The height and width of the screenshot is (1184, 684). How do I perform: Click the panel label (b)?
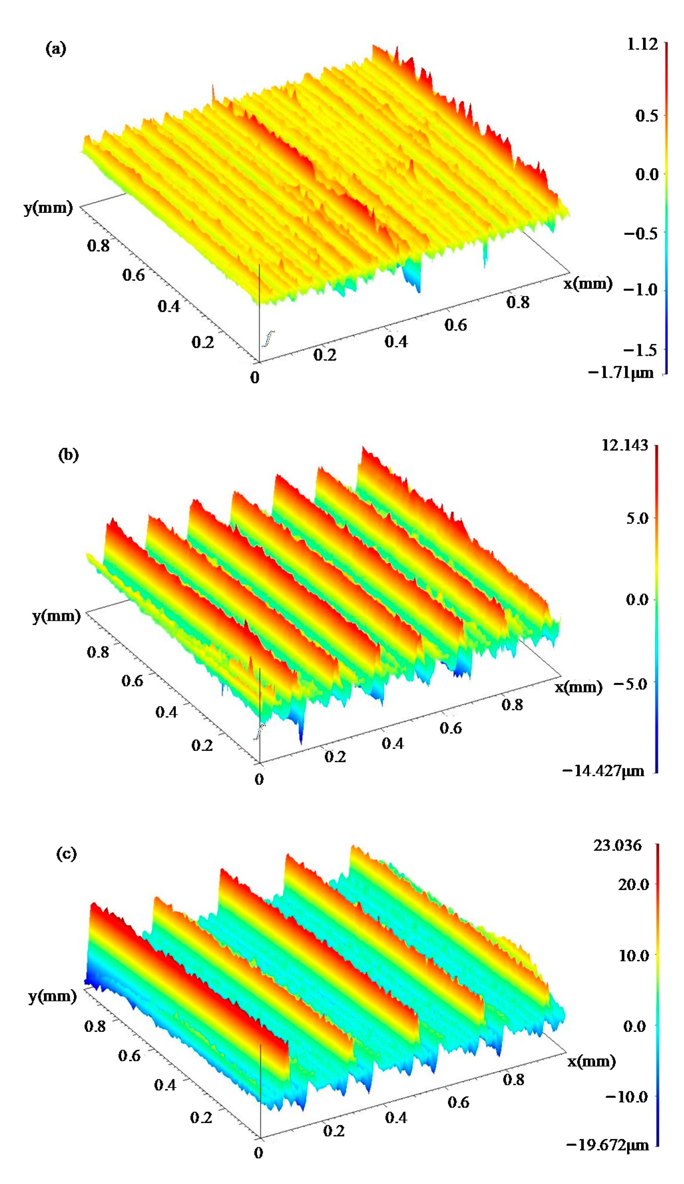(x=68, y=455)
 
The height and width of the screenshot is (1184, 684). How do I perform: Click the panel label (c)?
(x=66, y=853)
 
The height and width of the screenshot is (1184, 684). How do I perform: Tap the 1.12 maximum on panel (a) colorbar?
(x=642, y=45)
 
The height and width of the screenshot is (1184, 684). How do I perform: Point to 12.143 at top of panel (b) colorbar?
(x=624, y=445)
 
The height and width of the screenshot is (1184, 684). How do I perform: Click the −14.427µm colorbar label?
(x=603, y=771)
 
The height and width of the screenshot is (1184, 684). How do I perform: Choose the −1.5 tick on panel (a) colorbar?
(x=640, y=349)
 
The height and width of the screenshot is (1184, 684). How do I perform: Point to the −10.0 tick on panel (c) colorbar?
(x=627, y=1097)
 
